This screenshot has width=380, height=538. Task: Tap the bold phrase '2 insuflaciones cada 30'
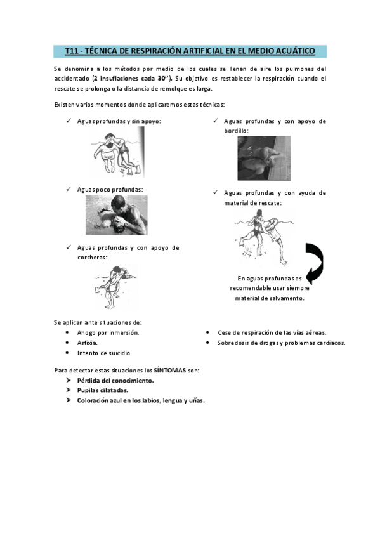[x=131, y=78]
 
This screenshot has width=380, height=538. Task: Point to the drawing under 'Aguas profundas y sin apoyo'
[x=116, y=153]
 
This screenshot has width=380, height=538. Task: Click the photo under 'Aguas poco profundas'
[x=116, y=214]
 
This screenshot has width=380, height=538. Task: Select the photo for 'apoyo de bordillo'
[x=264, y=158]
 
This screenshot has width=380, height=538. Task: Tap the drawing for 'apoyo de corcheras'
[x=115, y=284]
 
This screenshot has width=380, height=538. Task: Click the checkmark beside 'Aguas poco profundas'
[x=69, y=189]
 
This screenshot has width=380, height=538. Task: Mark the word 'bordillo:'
[x=236, y=131]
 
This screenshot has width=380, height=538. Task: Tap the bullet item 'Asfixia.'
[x=88, y=343]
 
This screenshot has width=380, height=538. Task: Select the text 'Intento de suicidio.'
[x=105, y=353]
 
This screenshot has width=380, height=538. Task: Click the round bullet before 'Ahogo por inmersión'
[x=68, y=332]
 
